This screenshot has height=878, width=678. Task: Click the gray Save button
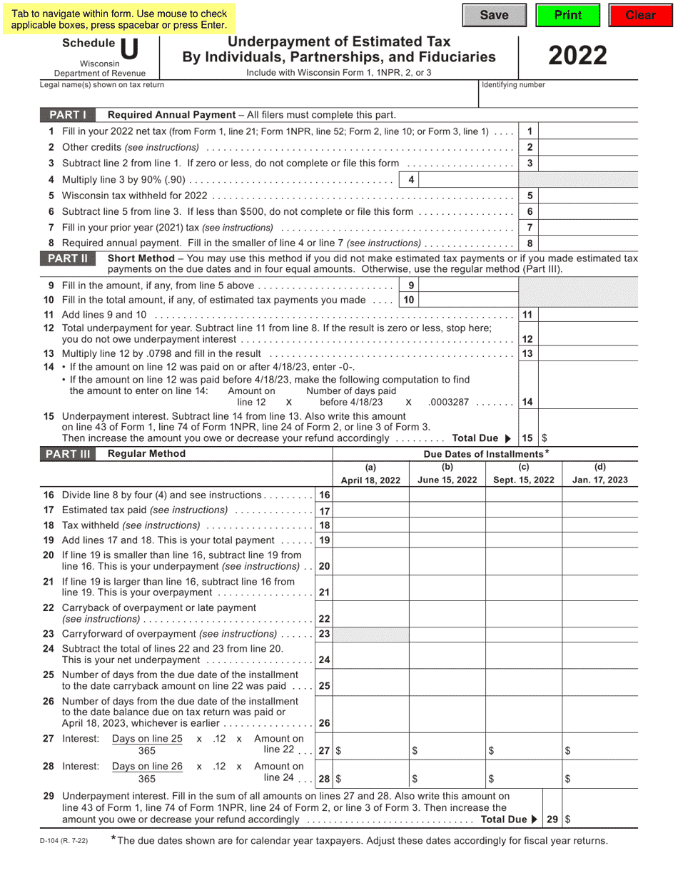tap(494, 16)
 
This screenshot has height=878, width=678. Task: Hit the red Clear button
tap(640, 16)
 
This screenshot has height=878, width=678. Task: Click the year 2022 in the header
tap(577, 56)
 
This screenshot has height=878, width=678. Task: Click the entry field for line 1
tap(606, 131)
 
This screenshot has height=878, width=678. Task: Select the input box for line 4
tap(467, 180)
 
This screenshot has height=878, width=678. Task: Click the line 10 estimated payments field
tap(467, 301)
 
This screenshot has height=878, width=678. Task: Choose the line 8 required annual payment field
tap(606, 243)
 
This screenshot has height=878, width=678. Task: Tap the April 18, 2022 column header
tap(370, 475)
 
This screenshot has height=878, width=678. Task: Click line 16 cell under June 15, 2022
tap(447, 495)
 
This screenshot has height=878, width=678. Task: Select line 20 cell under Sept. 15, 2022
tap(524, 560)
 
